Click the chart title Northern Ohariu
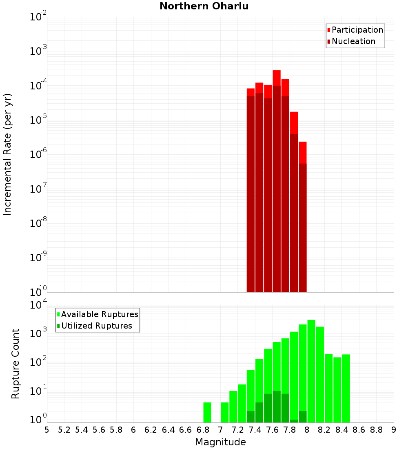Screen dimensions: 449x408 point(204,6)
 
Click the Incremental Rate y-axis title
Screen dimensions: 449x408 point(8,154)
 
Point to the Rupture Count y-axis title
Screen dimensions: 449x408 point(16,364)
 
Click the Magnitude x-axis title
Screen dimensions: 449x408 point(220,442)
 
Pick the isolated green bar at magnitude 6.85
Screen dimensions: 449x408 point(207,412)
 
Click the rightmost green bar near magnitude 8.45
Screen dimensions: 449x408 point(346,388)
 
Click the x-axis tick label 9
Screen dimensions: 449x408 point(394,430)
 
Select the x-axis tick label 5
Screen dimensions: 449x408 point(47,430)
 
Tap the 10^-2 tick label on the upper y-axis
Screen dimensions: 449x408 point(38,17)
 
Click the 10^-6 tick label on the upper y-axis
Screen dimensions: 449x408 point(38,155)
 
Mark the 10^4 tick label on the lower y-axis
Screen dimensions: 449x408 point(38,305)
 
